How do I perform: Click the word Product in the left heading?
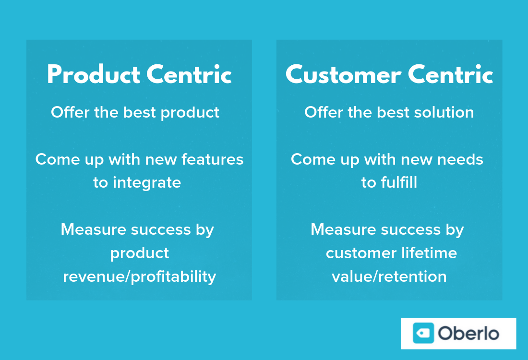(x=94, y=74)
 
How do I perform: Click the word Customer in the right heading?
(x=344, y=74)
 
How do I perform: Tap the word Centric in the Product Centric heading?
(x=189, y=74)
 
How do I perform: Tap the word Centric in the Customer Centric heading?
(x=451, y=74)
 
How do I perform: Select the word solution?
(x=444, y=112)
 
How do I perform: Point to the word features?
(x=212, y=159)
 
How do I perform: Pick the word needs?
(x=460, y=159)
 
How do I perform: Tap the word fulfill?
(x=399, y=182)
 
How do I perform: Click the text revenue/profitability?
(x=139, y=277)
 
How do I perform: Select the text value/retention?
(x=389, y=276)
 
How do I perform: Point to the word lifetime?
(x=429, y=253)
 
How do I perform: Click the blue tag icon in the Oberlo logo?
(x=423, y=333)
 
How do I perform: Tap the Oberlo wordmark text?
(x=468, y=334)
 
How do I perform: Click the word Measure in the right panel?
(x=343, y=229)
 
